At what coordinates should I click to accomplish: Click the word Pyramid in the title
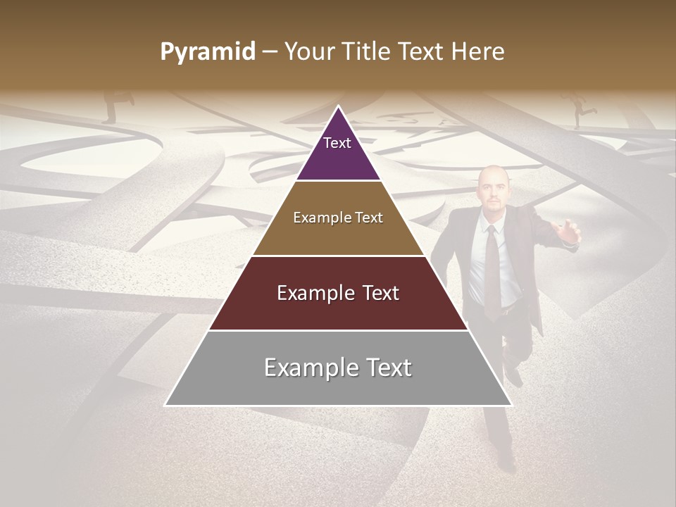tap(207, 52)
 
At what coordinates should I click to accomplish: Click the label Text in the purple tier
tap(337, 143)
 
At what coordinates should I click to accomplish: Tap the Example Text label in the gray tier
tap(338, 368)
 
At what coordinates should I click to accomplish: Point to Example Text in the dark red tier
tap(338, 293)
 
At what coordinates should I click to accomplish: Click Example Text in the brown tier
tap(338, 218)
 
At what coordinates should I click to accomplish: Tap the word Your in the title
tap(307, 51)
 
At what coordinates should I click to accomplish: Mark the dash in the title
tap(270, 52)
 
